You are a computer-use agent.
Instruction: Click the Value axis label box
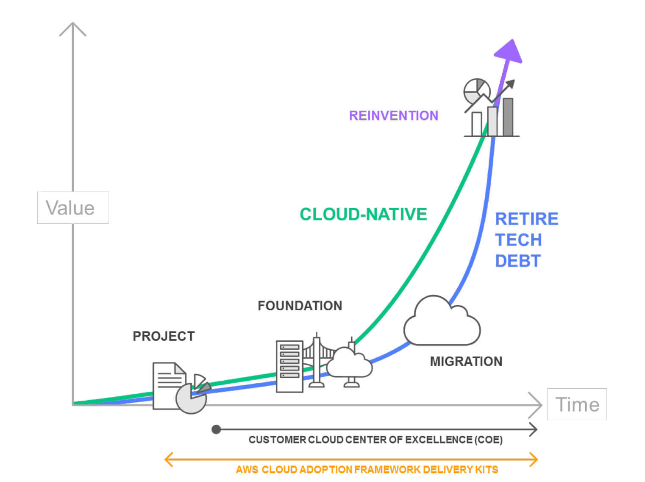click(73, 207)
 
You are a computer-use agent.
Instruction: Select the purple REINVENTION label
click(393, 115)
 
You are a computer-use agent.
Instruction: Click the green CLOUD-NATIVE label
click(363, 214)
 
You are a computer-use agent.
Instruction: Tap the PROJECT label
click(164, 336)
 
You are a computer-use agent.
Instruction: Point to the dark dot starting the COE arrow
click(216, 429)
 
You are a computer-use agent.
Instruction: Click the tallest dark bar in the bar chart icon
click(507, 117)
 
